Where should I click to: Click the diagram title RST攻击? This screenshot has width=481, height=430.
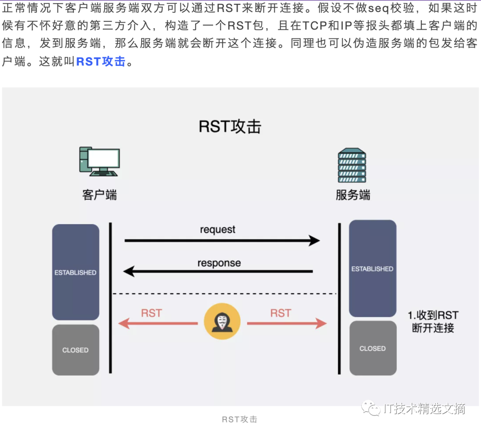230,127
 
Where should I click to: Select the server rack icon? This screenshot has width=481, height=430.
352,165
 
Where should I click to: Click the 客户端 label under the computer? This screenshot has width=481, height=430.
99,195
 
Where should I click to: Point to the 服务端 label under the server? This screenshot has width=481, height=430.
353,195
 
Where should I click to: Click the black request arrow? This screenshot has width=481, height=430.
222,241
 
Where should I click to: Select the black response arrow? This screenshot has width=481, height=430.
218,271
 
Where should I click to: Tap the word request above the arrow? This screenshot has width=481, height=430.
217,230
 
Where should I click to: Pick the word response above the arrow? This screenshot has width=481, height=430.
219,263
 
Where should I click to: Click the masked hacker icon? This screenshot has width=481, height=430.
222,322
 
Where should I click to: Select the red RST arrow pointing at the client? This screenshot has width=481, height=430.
158,324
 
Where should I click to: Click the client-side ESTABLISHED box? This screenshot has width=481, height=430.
75,272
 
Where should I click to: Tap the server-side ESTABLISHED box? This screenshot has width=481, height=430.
372,268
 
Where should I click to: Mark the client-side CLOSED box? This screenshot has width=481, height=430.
75,350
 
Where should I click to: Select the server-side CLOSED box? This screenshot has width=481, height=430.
372,348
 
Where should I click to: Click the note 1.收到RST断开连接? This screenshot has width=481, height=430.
433,322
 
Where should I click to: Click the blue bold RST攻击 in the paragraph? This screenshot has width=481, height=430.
101,61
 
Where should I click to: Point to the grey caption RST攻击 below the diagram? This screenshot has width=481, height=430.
240,419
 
